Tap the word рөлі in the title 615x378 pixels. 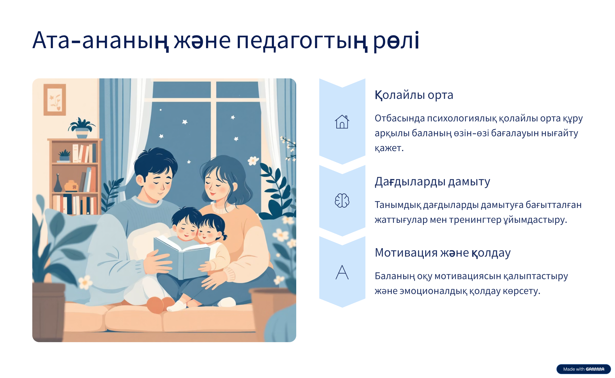pos(396,41)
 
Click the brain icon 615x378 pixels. pos(342,200)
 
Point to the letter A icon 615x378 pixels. pos(342,272)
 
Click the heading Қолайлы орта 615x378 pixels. pos(414,95)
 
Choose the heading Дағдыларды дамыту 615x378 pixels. pos(432,182)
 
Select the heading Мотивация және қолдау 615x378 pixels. pos(443,253)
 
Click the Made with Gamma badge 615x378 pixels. pos(583,369)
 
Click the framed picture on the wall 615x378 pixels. pos(55,100)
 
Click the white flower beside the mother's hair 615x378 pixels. pos(253,161)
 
